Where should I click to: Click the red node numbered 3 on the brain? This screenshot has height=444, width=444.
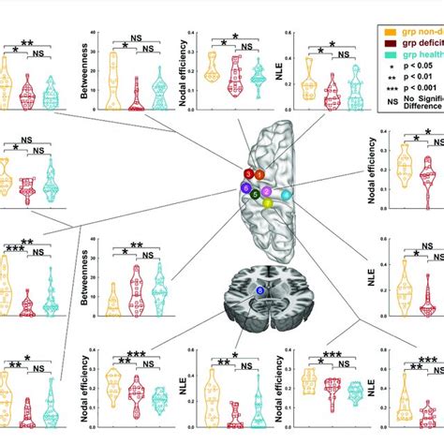[x=247, y=174]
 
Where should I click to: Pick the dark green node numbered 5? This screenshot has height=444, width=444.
[x=255, y=194]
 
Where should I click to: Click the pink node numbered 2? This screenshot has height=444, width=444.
[x=267, y=191]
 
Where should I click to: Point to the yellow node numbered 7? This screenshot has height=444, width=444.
[x=268, y=202]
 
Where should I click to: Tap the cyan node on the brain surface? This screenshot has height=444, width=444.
[x=288, y=194]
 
